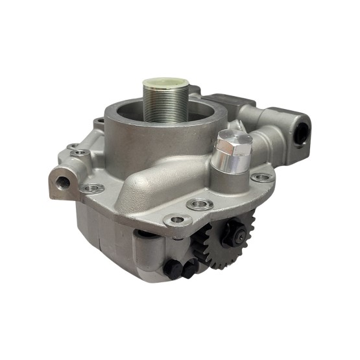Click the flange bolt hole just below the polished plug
(200, 206)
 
